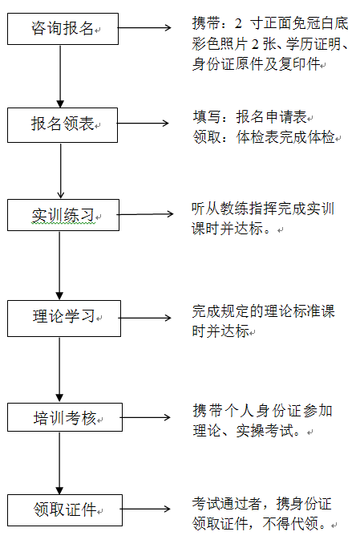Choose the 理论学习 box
point(64,318)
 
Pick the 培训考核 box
point(64,418)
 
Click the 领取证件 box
point(64,509)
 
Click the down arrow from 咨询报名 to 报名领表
point(61,76)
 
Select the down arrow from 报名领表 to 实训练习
point(61,169)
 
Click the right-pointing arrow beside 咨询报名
point(148,29)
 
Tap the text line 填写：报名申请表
point(252,119)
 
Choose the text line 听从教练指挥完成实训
point(262,209)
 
